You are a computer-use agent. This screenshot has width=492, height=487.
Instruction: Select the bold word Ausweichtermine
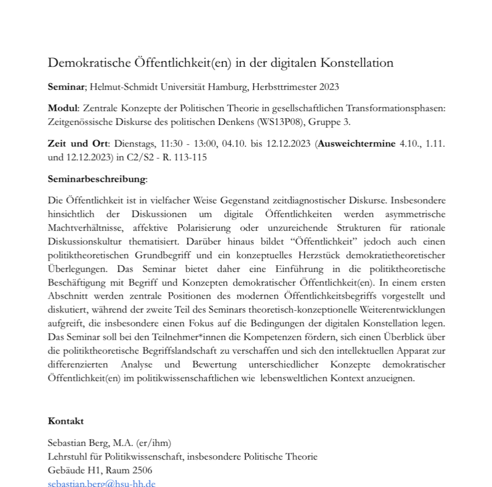click(x=357, y=144)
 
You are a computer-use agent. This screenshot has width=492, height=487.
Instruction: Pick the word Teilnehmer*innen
click(x=153, y=338)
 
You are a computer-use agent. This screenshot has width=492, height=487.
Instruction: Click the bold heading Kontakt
click(x=66, y=421)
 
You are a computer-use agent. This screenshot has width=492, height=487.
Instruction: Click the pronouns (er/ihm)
click(x=153, y=443)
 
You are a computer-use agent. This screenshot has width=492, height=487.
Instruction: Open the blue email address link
click(x=102, y=483)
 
